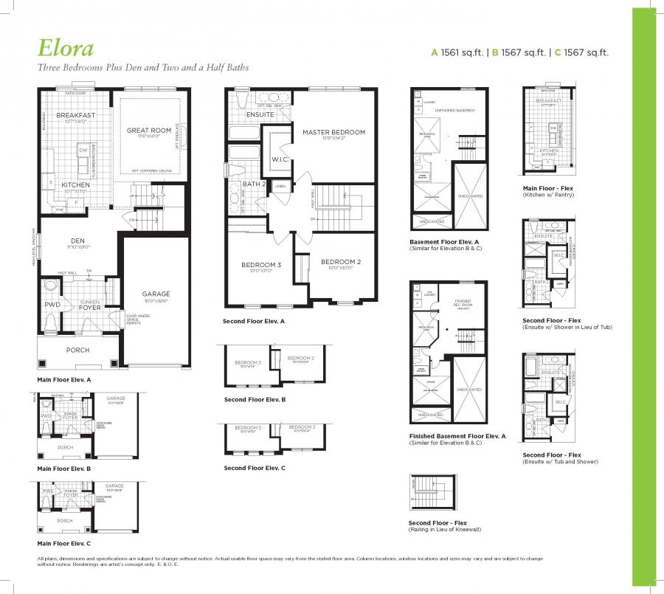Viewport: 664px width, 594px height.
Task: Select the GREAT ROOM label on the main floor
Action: pyautogui.click(x=148, y=131)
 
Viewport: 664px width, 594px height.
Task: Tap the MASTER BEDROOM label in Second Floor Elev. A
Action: pyautogui.click(x=333, y=132)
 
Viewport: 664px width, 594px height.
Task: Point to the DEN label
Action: pyautogui.click(x=77, y=240)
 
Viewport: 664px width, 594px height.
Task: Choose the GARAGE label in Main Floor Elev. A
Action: pyautogui.click(x=156, y=294)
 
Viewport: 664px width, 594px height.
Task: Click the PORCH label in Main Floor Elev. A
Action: pyautogui.click(x=78, y=350)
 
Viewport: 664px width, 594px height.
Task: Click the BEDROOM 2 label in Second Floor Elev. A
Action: pyautogui.click(x=341, y=262)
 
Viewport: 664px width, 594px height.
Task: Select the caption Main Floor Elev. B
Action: pyautogui.click(x=64, y=469)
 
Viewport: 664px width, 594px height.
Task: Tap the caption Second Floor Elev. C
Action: pyautogui.click(x=254, y=468)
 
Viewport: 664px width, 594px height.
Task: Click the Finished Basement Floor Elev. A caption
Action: pyautogui.click(x=457, y=436)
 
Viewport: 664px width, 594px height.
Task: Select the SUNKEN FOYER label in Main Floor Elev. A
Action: pyautogui.click(x=90, y=305)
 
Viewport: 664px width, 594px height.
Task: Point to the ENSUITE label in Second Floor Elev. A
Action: pyautogui.click(x=259, y=114)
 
